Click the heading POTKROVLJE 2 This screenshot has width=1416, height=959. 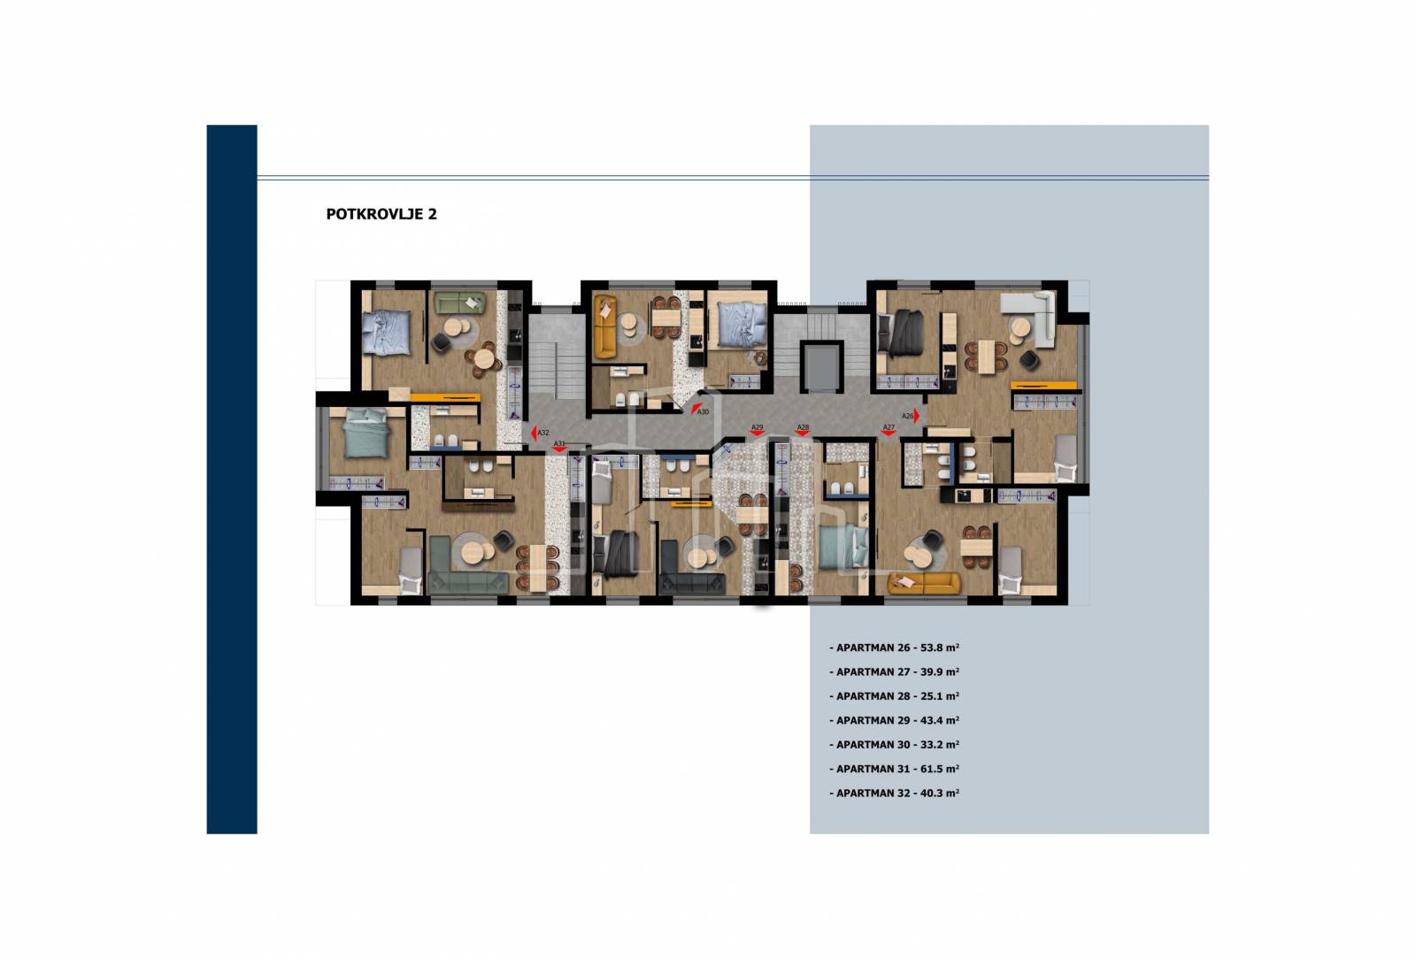coord(381,214)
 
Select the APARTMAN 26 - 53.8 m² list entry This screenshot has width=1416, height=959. coord(895,648)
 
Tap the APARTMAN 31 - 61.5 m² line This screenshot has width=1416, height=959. coord(895,769)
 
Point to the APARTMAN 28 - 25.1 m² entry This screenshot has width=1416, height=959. coord(895,696)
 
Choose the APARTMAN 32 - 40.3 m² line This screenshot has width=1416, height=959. coord(895,793)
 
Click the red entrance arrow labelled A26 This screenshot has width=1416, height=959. coord(917,417)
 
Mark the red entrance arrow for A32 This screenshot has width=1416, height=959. coord(534,433)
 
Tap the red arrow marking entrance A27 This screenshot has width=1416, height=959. coord(889,433)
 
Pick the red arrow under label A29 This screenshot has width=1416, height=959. coord(757,433)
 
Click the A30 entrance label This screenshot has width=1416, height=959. coord(703,412)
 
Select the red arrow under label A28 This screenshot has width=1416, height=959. coord(803,433)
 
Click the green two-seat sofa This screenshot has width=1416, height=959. coord(459,303)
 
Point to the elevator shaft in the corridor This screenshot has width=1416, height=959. coord(821,367)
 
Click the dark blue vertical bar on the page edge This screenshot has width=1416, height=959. coord(232,479)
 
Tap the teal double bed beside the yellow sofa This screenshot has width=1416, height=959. coord(843,547)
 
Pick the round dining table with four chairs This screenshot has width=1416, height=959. coord(484,359)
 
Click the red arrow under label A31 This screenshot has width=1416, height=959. coord(558,449)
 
